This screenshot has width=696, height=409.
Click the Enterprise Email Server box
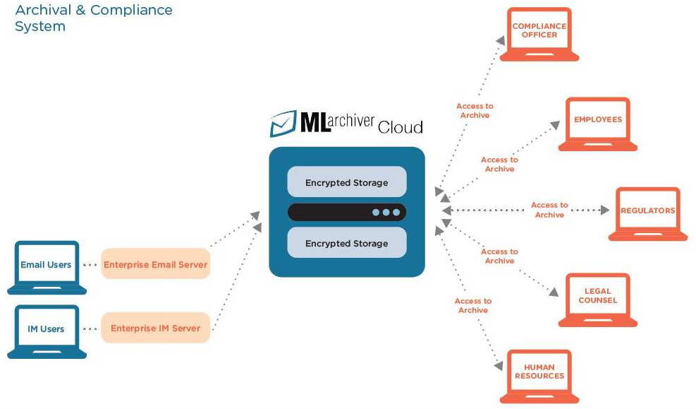point(155,265)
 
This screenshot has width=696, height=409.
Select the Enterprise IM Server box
point(155,328)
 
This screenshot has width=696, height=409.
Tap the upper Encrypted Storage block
point(346,182)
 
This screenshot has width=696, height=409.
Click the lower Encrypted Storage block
point(346,243)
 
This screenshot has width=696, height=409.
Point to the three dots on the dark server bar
point(386,212)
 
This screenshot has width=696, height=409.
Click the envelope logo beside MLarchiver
point(283,123)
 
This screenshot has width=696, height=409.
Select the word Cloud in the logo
point(400,127)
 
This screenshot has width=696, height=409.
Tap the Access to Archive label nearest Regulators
point(549,210)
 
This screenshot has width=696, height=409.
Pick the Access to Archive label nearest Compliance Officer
point(475,110)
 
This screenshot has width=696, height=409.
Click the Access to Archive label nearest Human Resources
point(472,305)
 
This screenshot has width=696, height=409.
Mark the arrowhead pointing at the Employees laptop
point(554,126)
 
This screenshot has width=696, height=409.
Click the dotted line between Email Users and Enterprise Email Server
point(90,265)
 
